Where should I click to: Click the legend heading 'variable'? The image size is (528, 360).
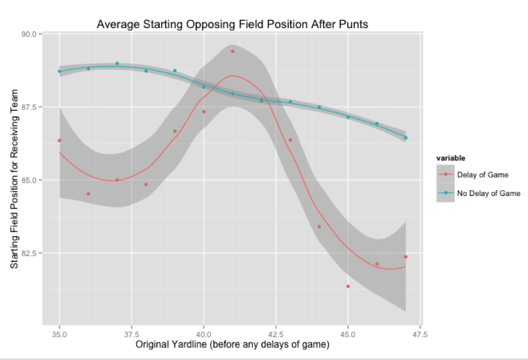pos(451,158)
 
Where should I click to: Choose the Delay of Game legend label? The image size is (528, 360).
pos(482,174)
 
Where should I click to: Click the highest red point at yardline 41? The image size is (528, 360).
pos(233,51)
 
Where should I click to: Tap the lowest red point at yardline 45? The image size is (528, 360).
pos(348,286)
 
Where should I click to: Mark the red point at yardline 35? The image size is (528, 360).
pos(59,140)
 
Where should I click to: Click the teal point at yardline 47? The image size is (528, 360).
pos(406,137)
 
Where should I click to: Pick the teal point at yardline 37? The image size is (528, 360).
pos(117,63)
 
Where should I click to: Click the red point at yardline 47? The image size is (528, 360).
pos(406,257)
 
